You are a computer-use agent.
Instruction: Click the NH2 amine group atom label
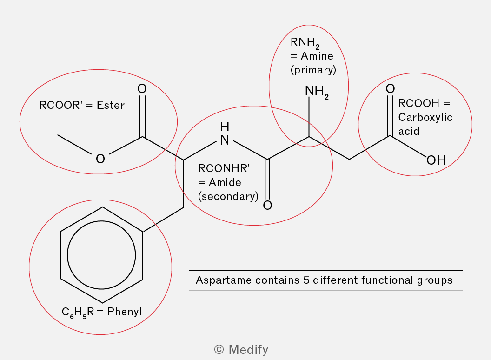coord(317,92)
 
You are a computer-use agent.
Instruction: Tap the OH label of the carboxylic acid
coord(436,160)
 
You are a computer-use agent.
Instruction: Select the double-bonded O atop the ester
coord(142,89)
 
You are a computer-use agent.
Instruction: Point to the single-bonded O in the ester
coord(100,159)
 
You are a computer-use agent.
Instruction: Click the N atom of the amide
coord(225,140)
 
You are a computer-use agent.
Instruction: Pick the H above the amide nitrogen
coord(225,127)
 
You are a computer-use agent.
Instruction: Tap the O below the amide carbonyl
coord(267,205)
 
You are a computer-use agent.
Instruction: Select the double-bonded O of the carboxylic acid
coord(390,89)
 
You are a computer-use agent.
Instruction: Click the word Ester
coord(111,105)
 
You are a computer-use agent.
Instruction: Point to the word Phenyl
coord(124,312)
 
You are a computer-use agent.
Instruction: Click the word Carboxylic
coord(425,117)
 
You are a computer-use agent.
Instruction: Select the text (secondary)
coord(228,196)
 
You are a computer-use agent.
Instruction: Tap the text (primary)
coord(313,70)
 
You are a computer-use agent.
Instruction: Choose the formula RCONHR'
coord(224,168)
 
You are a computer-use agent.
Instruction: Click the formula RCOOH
coord(418,103)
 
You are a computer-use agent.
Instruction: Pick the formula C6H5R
coord(78,313)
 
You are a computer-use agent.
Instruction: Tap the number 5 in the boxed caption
coord(306,280)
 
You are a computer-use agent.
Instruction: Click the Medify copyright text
coord(241,350)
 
